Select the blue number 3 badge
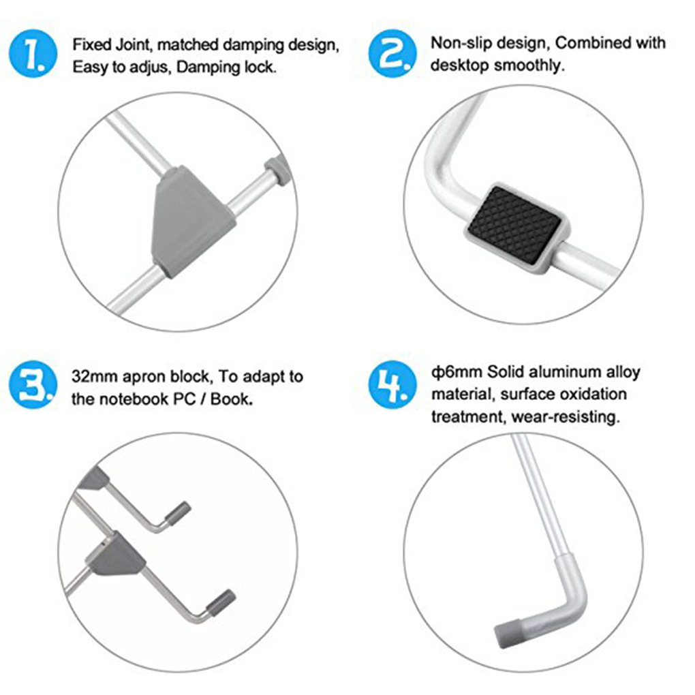click(33, 386)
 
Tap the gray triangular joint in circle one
click(189, 218)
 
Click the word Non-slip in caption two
click(456, 43)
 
